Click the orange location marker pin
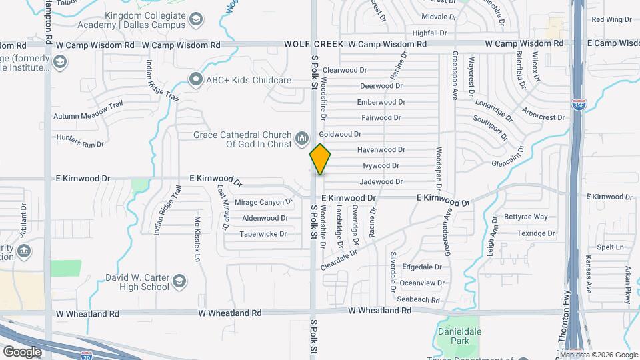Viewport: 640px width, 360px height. click(x=320, y=159)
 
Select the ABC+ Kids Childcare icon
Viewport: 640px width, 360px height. click(x=195, y=80)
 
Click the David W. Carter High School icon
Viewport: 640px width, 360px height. click(x=179, y=282)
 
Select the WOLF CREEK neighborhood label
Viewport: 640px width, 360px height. click(x=313, y=44)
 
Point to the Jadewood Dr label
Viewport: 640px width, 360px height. click(x=381, y=181)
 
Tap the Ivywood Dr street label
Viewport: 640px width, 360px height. click(x=381, y=165)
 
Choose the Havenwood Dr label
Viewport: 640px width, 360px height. click(x=381, y=150)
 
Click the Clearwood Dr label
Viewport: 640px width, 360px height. click(x=345, y=70)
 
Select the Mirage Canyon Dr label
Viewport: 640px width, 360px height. click(x=263, y=201)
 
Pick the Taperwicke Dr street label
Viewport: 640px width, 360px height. click(x=263, y=234)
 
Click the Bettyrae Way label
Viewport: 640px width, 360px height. click(x=525, y=217)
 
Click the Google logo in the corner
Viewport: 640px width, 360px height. click(x=21, y=351)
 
